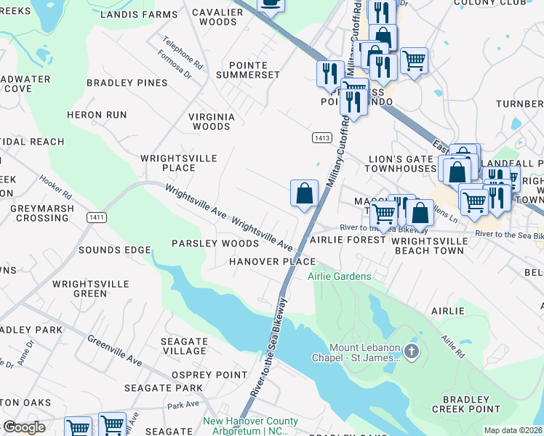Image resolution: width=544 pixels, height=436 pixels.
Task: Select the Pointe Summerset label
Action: (x=254, y=70)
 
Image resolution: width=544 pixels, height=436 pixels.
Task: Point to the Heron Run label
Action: (x=97, y=115)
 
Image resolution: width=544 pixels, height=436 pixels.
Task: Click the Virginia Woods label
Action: (x=212, y=121)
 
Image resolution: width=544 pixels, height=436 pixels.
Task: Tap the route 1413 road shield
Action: (x=322, y=137)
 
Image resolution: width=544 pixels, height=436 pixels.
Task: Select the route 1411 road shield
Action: (x=96, y=217)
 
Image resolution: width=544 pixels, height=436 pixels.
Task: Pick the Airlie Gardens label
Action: (x=339, y=276)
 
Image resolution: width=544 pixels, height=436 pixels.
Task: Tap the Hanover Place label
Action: (x=272, y=262)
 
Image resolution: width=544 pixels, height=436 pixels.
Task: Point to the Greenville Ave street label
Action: (x=115, y=350)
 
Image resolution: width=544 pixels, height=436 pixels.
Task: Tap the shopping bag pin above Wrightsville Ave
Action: (x=305, y=193)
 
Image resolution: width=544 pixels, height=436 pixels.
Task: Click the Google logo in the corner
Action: (x=24, y=427)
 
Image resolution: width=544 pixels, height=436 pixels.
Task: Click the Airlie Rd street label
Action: (x=452, y=348)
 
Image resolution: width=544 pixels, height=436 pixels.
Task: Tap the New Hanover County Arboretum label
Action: (x=250, y=426)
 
